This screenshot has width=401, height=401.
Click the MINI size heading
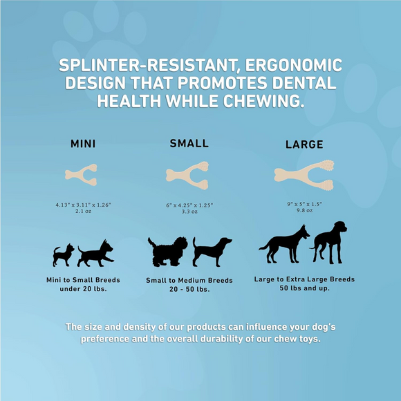[83, 144]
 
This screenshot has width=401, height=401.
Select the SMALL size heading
[189, 143]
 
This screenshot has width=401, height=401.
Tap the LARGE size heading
[304, 144]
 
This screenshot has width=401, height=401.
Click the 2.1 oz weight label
[83, 212]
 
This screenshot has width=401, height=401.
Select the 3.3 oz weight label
[189, 212]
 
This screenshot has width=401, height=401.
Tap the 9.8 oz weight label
[304, 210]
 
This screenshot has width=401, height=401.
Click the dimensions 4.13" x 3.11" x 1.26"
[83, 205]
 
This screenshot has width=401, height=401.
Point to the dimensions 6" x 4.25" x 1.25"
[189, 205]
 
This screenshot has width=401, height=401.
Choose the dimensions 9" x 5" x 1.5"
[304, 204]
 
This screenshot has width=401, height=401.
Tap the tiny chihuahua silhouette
[63, 255]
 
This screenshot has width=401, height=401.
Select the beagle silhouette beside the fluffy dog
[211, 252]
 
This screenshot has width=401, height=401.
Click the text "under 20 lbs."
[83, 288]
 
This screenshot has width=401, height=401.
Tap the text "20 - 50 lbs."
[189, 289]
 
